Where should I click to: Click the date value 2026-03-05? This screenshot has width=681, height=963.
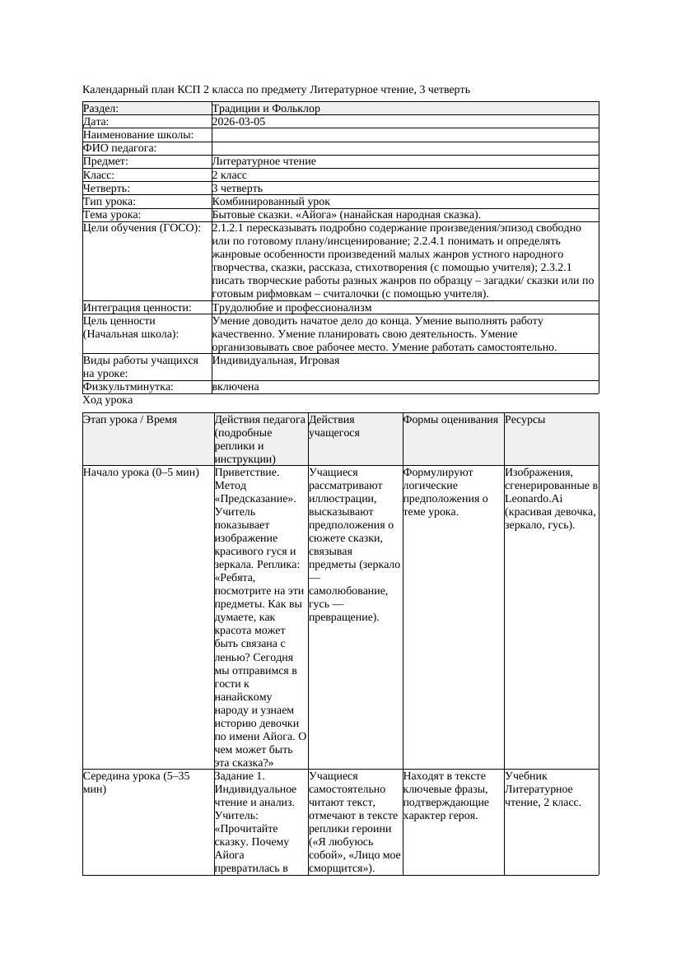pos(239,122)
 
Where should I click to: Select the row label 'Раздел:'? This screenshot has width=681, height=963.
pos(100,109)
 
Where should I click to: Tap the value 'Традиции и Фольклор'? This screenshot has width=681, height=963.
pos(266,109)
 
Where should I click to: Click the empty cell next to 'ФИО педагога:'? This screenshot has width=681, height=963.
pos(403,148)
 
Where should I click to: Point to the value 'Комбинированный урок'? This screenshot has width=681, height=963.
pos(271,202)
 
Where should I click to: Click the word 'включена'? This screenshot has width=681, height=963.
pos(236,387)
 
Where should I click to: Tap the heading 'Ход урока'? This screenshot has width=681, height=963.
pos(108,400)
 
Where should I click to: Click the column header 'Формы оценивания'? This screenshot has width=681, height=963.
pos(450,420)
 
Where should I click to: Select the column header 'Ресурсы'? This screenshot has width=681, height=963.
pos(525,420)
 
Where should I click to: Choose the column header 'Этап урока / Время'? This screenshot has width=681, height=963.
pos(124,420)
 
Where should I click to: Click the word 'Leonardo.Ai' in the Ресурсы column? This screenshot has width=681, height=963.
pos(534,499)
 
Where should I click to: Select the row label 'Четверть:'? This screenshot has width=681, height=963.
pos(106,188)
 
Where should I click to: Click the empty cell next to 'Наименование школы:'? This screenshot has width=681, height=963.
pos(403,135)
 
